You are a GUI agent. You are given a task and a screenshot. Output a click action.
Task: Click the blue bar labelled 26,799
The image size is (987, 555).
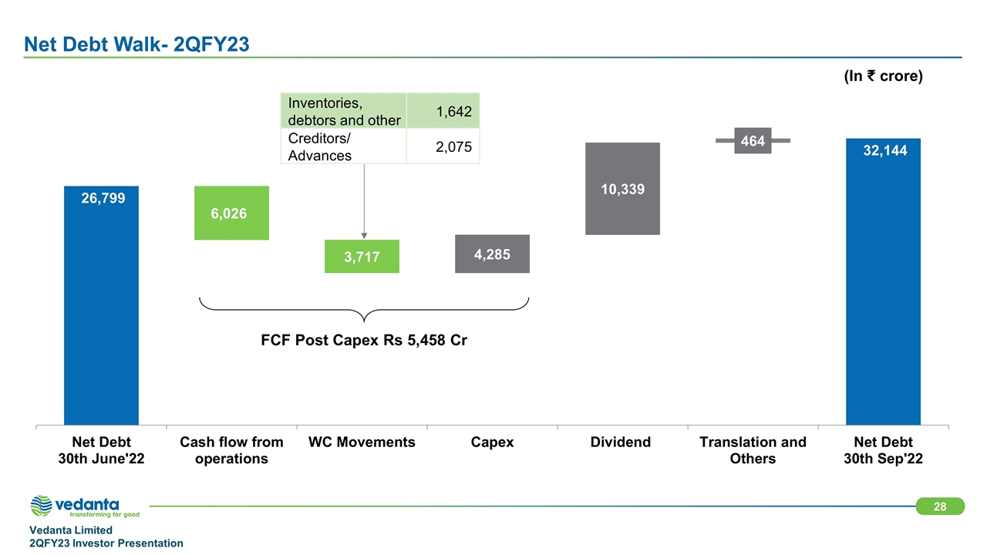pyautogui.click(x=101, y=305)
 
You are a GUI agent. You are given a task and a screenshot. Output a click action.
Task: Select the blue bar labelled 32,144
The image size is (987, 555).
pyautogui.click(x=883, y=282)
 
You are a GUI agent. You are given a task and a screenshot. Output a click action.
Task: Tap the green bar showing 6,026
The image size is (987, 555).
pyautogui.click(x=232, y=213)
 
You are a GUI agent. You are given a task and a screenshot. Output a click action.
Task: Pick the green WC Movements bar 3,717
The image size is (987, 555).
pyautogui.click(x=362, y=257)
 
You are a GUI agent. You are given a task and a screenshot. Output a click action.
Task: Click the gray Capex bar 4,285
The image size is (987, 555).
pyautogui.click(x=492, y=254)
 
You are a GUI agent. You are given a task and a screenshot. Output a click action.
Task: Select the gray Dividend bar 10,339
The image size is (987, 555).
pyautogui.click(x=622, y=189)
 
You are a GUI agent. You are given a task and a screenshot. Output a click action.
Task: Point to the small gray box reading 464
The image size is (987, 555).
pyautogui.click(x=753, y=140)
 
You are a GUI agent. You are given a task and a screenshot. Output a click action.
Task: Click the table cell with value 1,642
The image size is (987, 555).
pyautogui.click(x=443, y=110)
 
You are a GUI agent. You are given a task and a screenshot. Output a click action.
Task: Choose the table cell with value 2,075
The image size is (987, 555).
pyautogui.click(x=443, y=146)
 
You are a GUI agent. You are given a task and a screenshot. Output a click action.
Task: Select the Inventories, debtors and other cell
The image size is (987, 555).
pyautogui.click(x=344, y=110)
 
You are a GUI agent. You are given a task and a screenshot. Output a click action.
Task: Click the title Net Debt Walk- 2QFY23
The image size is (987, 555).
pyautogui.click(x=136, y=45)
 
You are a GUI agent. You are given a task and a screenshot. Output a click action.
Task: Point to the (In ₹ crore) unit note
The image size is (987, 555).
pyautogui.click(x=883, y=76)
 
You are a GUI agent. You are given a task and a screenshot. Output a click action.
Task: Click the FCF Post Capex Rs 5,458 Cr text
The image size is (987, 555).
pyautogui.click(x=364, y=340)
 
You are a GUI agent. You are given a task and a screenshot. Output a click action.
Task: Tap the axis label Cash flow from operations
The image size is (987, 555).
pyautogui.click(x=232, y=450)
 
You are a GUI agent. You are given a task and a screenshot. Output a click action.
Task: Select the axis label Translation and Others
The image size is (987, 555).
pyautogui.click(x=753, y=450)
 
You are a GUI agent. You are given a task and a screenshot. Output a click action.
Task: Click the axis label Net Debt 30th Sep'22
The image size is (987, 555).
pyautogui.click(x=883, y=450)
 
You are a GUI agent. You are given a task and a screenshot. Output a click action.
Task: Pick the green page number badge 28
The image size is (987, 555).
pyautogui.click(x=940, y=506)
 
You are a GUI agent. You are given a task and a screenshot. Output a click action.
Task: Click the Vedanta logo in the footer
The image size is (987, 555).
pyautogui.click(x=85, y=506)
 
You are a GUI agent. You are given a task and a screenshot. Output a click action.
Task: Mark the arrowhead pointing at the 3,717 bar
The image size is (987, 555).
pyautogui.click(x=364, y=236)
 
